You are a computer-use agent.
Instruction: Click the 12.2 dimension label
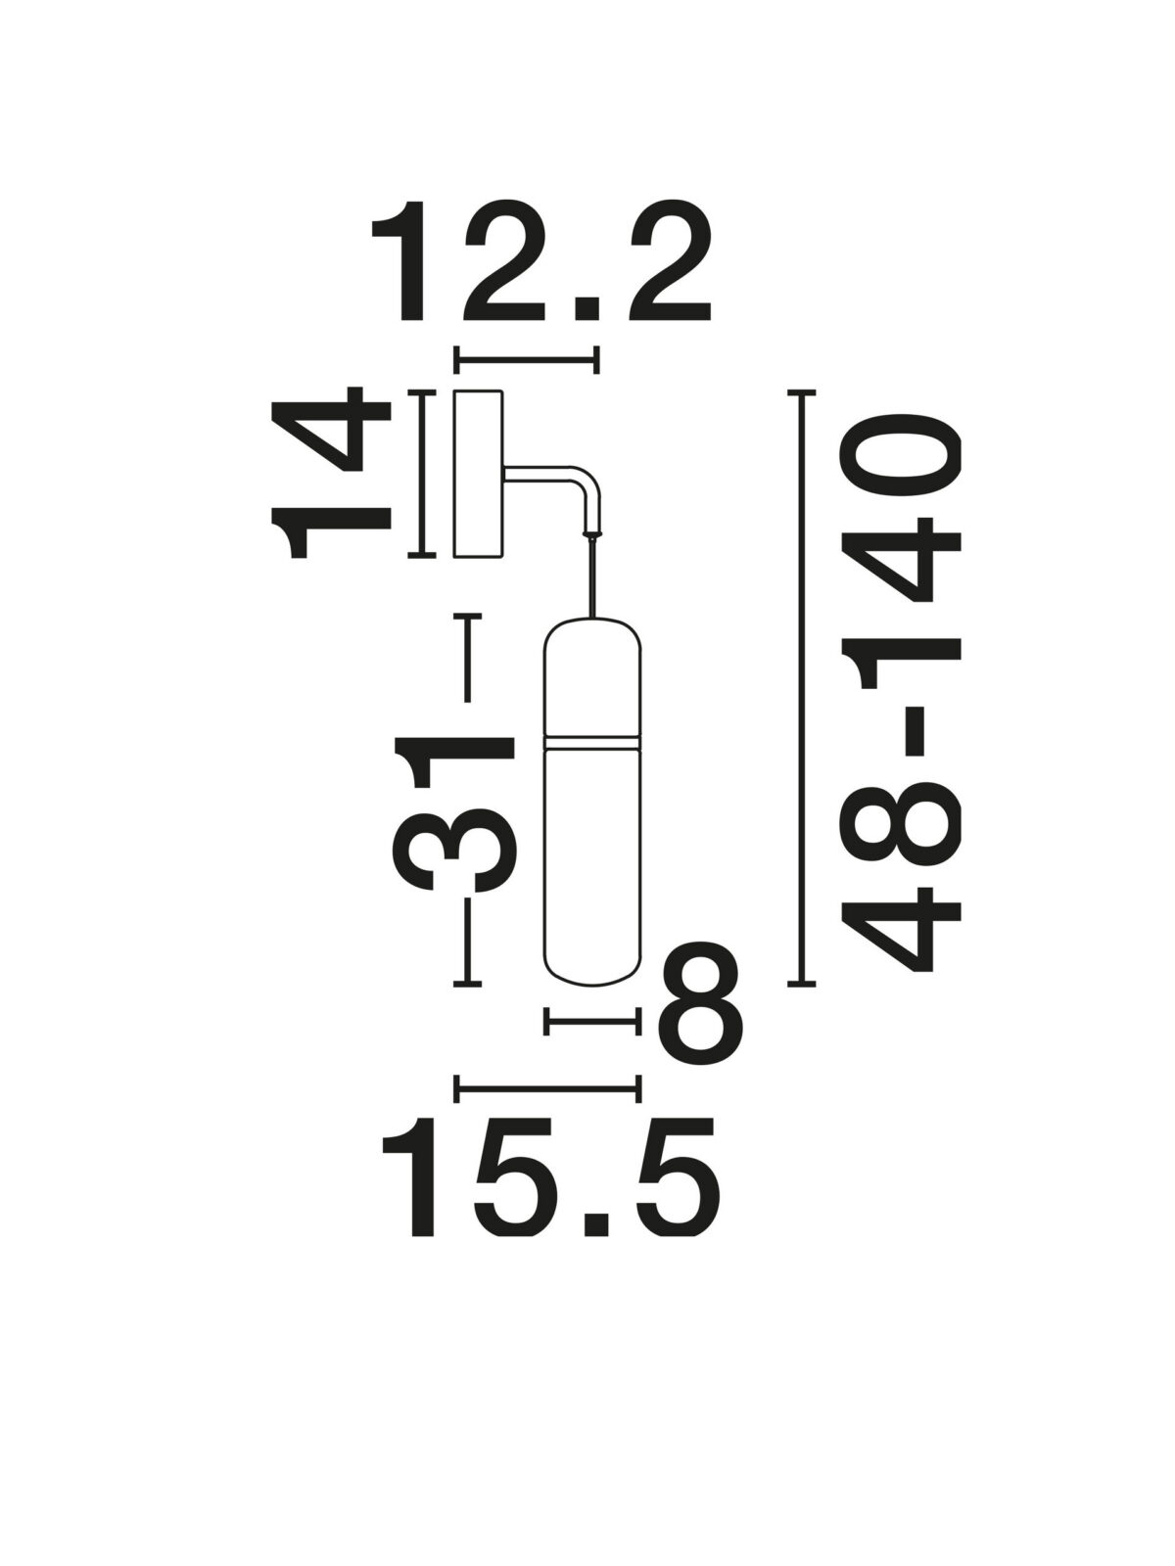point(540,262)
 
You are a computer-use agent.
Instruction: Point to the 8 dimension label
point(700,1007)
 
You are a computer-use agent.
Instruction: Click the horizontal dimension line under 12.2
point(527,359)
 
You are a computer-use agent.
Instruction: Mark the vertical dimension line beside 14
point(422,473)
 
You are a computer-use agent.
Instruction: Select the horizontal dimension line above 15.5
point(547,1109)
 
